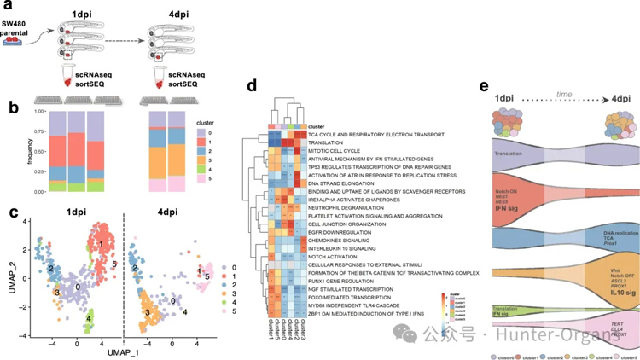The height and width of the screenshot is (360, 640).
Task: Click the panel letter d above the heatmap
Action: click(252, 85)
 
